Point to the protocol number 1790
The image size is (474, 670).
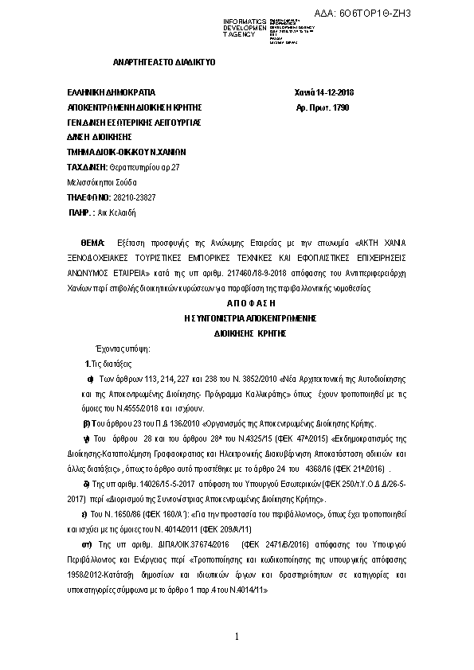point(340,107)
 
